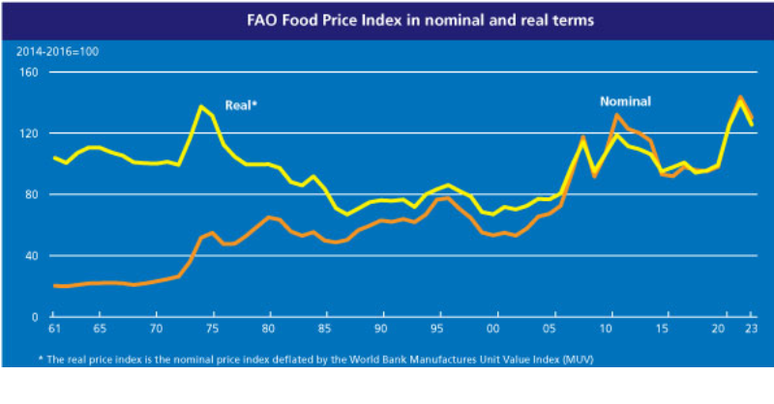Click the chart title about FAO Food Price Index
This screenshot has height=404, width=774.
(x=421, y=20)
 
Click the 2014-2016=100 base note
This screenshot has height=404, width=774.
(x=57, y=52)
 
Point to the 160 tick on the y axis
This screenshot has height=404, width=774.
(x=28, y=72)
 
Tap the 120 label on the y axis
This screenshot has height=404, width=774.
(x=28, y=133)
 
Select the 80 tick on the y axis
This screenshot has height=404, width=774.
(x=31, y=195)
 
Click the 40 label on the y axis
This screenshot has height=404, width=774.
(x=31, y=256)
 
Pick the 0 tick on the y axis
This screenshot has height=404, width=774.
(x=35, y=317)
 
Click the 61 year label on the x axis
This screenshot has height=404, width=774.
(x=54, y=329)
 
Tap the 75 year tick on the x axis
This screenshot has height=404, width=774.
(x=212, y=329)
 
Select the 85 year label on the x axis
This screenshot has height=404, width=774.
(x=324, y=329)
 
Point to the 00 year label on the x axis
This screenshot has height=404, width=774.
(x=493, y=329)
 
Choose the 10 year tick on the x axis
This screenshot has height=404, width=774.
(x=606, y=329)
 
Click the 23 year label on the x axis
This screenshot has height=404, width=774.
(x=751, y=329)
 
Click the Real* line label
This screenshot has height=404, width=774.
(x=241, y=105)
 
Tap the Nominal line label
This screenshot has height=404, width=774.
(x=625, y=101)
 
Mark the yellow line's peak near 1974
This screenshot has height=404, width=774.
(x=201, y=106)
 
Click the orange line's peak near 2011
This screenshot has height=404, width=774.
(x=617, y=115)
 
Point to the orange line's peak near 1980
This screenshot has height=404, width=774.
(x=269, y=216)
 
